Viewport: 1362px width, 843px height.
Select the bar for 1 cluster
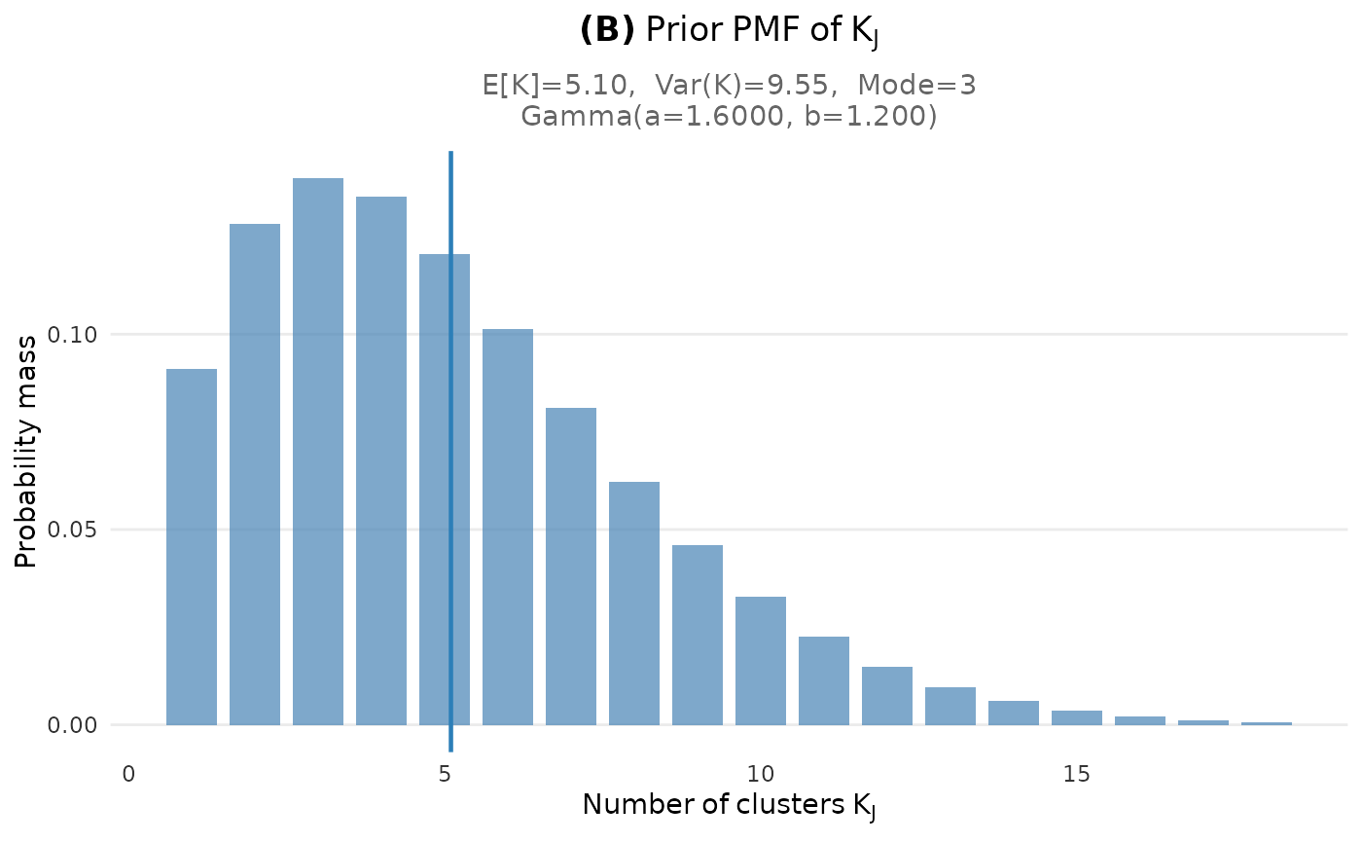point(192,546)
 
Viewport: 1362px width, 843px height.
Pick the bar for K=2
point(255,474)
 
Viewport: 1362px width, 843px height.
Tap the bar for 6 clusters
point(508,527)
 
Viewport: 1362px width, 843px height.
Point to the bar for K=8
point(634,603)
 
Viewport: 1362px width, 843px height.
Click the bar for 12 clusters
point(887,695)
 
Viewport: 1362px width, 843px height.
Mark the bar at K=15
point(1077,717)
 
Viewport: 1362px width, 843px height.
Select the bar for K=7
point(571,566)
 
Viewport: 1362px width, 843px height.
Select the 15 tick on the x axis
point(1077,775)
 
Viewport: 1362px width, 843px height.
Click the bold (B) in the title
point(606,31)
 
